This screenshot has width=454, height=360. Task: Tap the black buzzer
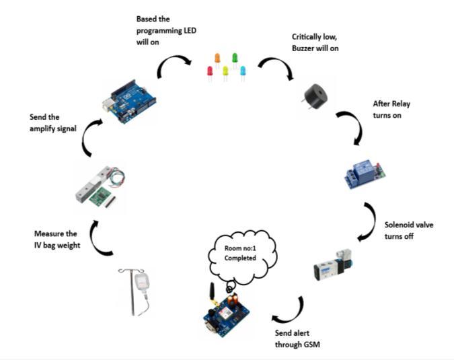tap(314, 96)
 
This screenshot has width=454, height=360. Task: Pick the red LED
tap(210, 71)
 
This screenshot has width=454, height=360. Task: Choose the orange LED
tap(217, 59)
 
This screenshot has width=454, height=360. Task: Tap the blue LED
tap(242, 71)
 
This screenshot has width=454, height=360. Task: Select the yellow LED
tap(226, 71)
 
